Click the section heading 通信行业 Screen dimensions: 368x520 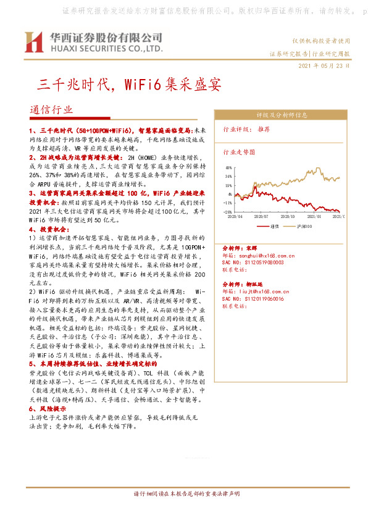(51, 109)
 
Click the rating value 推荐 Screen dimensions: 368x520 (264, 130)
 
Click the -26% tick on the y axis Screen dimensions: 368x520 (228, 211)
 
